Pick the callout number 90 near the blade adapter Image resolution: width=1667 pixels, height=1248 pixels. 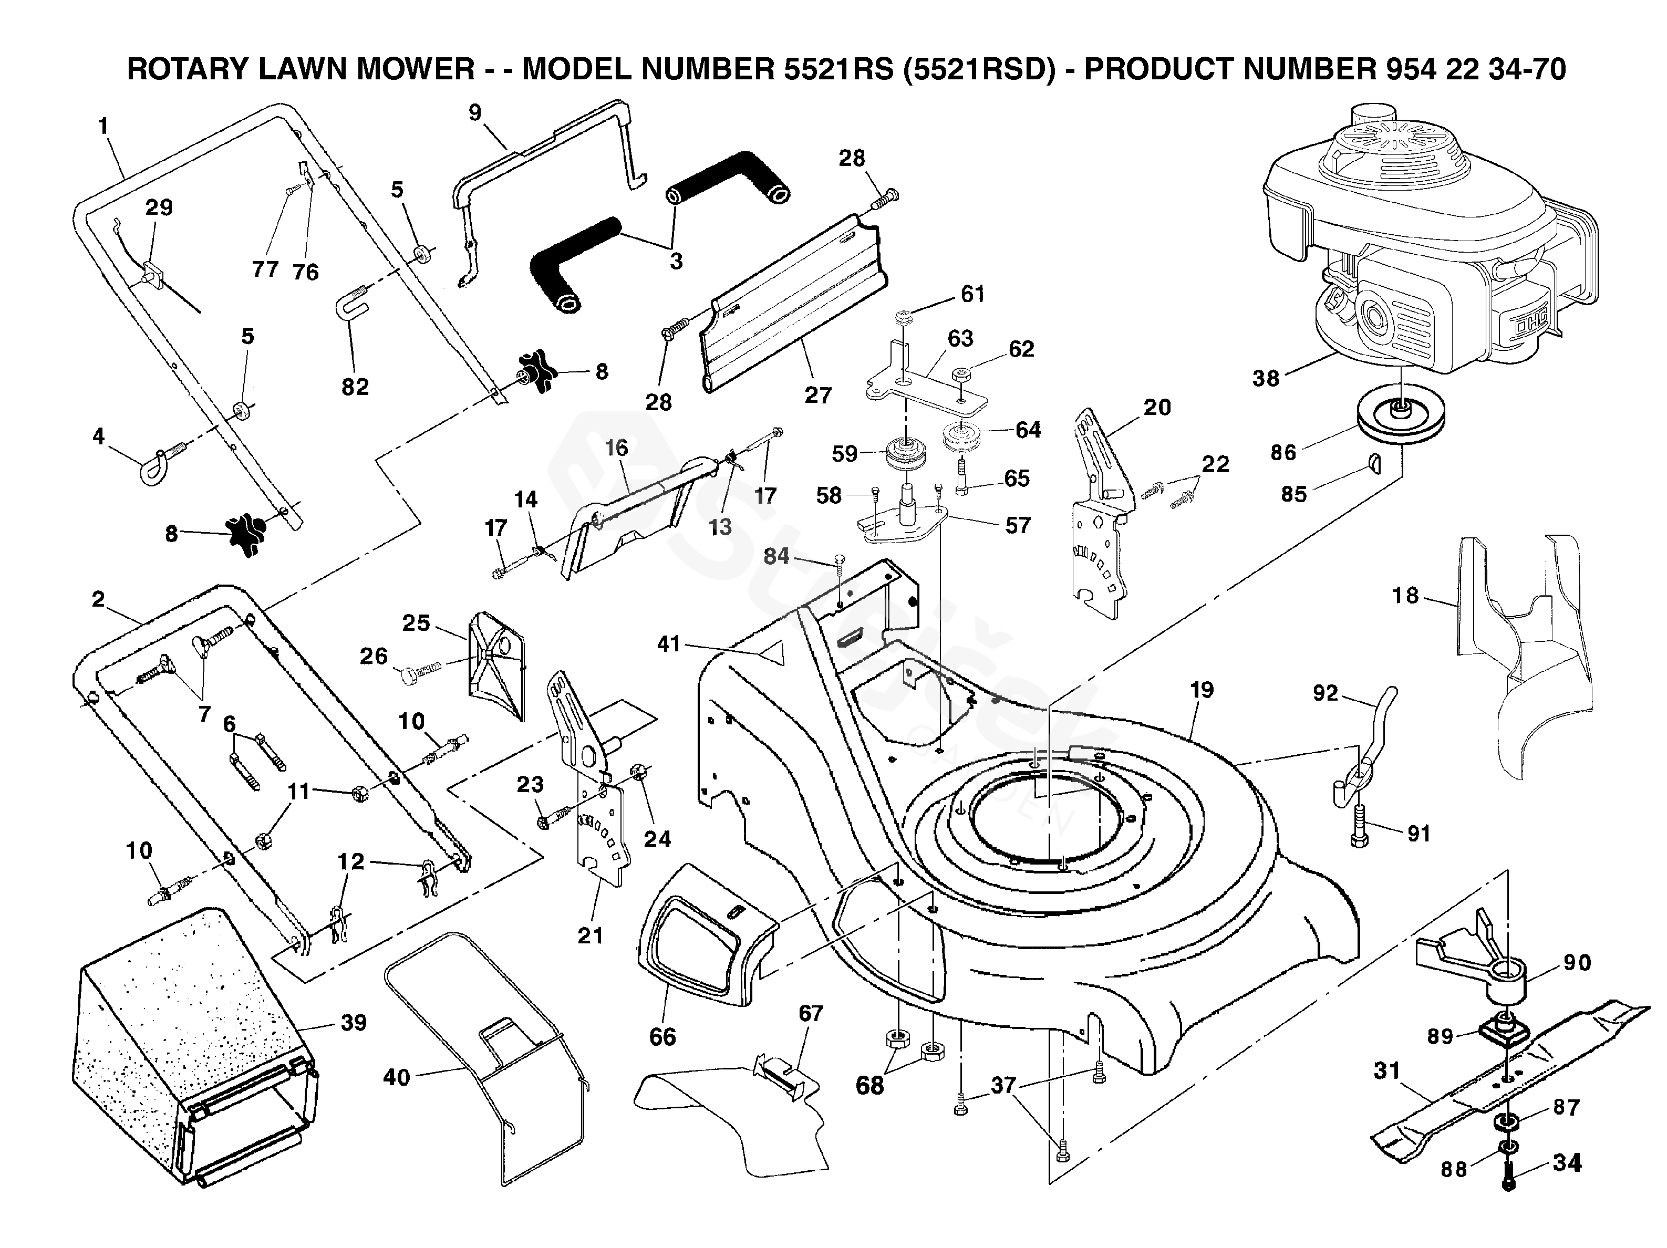point(1577,962)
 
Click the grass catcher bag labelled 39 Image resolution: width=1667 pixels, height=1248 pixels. point(189,1040)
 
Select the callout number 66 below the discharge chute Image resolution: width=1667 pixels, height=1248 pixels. point(662,1036)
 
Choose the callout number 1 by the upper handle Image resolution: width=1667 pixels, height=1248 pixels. point(103,126)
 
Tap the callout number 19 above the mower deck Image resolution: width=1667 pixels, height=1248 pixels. point(1202,690)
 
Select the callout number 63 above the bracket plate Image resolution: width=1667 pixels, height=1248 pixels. point(960,338)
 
